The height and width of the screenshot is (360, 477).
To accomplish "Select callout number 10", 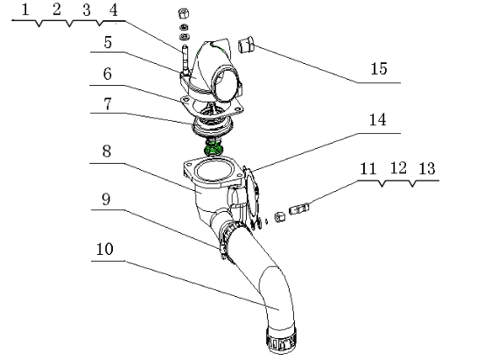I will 103,249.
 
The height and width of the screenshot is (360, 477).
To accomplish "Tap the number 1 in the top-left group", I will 26,11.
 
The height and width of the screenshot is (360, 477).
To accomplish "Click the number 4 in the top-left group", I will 112,11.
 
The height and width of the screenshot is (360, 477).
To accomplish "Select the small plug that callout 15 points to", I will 246,43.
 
